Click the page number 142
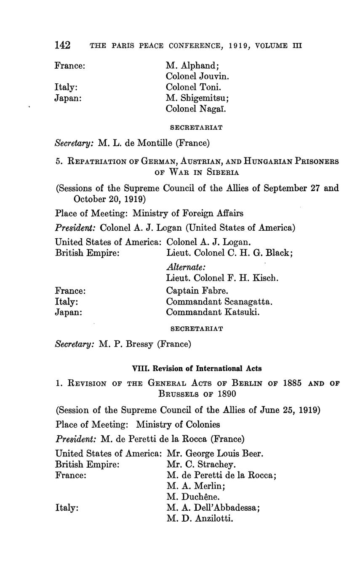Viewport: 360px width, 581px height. click(x=62, y=45)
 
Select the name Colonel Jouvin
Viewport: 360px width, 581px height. click(x=197, y=77)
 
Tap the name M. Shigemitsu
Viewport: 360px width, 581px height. click(x=197, y=98)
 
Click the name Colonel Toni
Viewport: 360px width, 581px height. click(x=193, y=87)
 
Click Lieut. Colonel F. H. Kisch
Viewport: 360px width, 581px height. click(x=222, y=278)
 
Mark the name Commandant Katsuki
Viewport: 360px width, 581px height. click(x=212, y=312)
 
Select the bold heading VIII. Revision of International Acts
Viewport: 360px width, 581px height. click(x=197, y=368)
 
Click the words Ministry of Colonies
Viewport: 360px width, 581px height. click(x=178, y=424)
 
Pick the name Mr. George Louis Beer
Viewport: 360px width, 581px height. click(x=215, y=454)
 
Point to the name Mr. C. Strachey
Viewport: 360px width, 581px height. click(x=201, y=464)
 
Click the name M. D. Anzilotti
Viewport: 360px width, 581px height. click(x=200, y=518)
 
